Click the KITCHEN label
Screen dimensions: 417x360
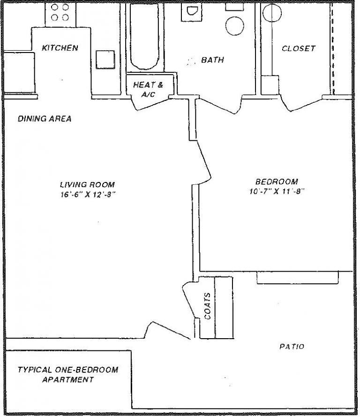[x=60, y=48]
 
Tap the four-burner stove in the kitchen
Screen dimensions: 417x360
[x=60, y=13]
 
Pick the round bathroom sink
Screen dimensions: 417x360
[x=234, y=26]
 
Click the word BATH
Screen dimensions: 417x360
[x=212, y=60]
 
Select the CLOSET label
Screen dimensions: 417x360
[x=298, y=48]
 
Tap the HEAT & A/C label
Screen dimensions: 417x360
[x=148, y=90]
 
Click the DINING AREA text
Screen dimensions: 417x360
[x=45, y=119]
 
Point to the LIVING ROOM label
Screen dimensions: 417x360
[x=87, y=184]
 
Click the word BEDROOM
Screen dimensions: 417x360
[x=277, y=182]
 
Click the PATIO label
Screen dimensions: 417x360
[x=292, y=347]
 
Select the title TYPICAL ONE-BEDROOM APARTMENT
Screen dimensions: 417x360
[x=67, y=374]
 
